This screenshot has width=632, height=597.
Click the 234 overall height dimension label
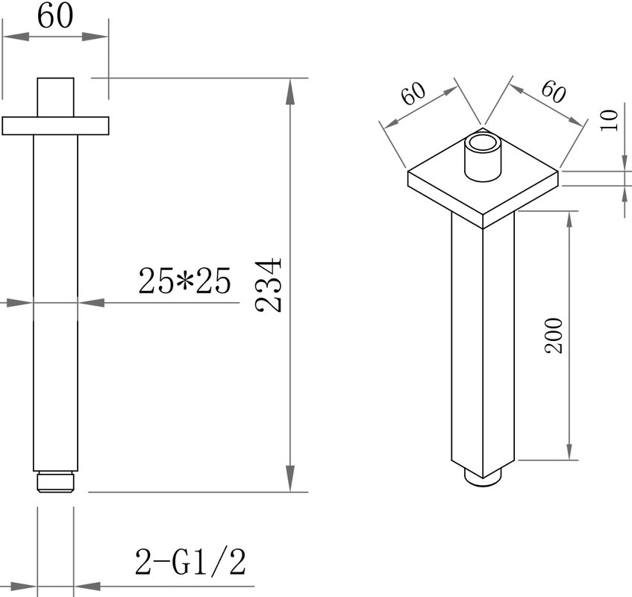[x=268, y=285]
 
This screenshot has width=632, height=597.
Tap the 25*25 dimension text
[x=184, y=281]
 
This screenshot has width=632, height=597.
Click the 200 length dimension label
[x=554, y=336]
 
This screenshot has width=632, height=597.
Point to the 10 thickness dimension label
[x=609, y=120]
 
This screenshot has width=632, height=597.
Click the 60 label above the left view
[x=55, y=16]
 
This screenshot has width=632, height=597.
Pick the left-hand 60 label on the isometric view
[x=413, y=93]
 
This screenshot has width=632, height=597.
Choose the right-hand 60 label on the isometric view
[x=554, y=92]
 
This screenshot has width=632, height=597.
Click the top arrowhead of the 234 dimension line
[x=290, y=91]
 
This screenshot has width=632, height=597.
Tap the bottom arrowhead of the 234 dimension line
[x=290, y=478]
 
